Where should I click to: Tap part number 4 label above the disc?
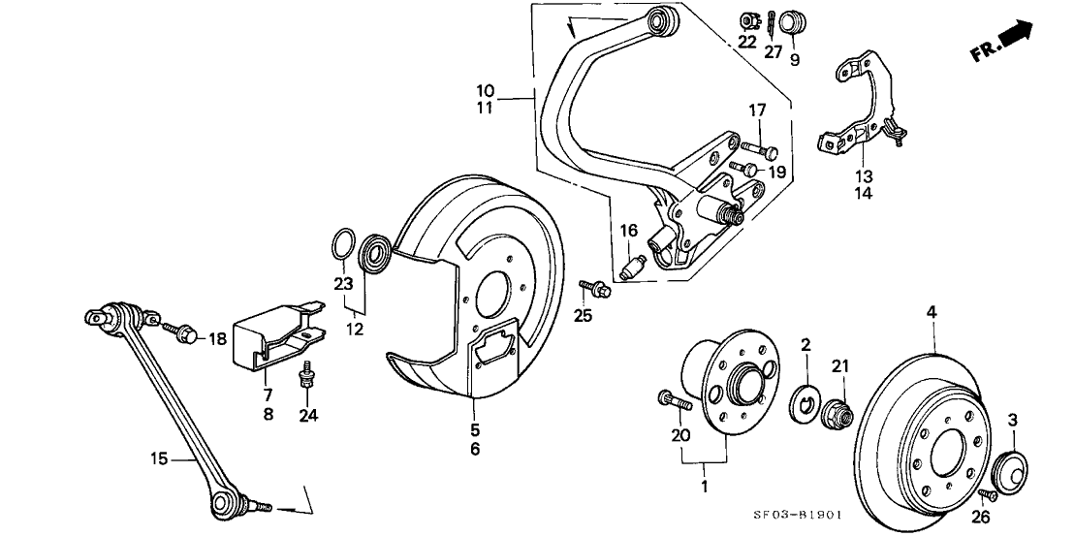click(931, 312)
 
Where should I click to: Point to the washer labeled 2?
click(805, 401)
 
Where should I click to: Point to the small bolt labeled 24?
click(307, 373)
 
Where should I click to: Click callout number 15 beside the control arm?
click(161, 458)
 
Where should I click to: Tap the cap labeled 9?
click(794, 22)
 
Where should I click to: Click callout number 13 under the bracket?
click(863, 176)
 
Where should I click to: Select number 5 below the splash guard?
click(475, 429)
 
